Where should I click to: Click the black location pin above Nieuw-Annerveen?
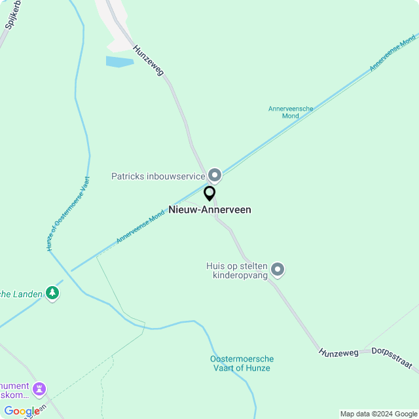tap(209, 194)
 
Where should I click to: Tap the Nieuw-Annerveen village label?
tap(209, 209)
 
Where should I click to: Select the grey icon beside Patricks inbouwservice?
tap(215, 175)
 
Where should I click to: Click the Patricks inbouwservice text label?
tap(158, 176)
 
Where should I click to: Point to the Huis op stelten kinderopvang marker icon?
tap(278, 269)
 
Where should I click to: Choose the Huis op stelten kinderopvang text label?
tap(236, 270)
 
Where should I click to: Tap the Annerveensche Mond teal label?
tap(291, 112)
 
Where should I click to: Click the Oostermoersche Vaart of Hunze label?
tap(242, 363)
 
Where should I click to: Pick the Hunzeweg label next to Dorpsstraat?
tap(339, 352)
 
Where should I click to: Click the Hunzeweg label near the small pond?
tap(148, 60)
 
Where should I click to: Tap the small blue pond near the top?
tap(118, 62)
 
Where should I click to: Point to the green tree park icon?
tap(52, 294)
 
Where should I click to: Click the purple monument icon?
tap(39, 389)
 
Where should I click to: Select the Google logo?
tap(22, 411)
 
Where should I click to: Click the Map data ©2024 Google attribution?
tap(378, 414)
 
